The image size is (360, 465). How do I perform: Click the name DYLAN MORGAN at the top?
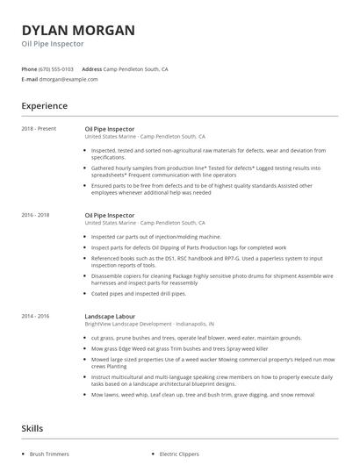(x=78, y=31)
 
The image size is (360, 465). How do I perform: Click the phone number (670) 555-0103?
(x=56, y=68)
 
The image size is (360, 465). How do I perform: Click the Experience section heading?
(x=44, y=106)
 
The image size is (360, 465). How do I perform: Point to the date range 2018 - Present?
(x=39, y=129)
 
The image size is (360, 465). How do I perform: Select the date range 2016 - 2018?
(x=35, y=214)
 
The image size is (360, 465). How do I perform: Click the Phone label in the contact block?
(x=28, y=68)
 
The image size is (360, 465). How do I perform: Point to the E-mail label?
(x=29, y=79)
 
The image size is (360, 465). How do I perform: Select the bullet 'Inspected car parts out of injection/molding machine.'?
(x=156, y=237)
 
